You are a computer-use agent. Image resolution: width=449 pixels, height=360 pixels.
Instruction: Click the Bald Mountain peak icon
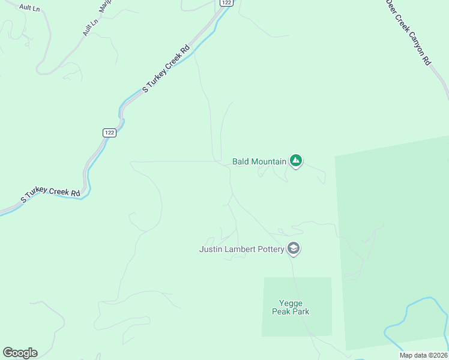[295, 160]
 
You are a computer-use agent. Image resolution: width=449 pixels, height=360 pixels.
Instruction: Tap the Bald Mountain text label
[259, 161]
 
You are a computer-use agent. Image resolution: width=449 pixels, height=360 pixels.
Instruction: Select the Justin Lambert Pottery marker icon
[294, 248]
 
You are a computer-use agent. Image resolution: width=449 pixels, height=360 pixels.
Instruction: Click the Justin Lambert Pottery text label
[241, 249]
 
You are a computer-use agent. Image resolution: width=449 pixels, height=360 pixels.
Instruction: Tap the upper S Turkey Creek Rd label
[166, 69]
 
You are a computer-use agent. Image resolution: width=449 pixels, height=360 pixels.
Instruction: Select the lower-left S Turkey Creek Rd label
[50, 195]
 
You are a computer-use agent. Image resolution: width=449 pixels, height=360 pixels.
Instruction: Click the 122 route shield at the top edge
[226, 2]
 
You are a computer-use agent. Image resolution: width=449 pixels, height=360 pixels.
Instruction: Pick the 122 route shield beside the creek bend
[109, 133]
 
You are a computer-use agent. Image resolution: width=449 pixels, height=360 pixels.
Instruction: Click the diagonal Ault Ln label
[90, 26]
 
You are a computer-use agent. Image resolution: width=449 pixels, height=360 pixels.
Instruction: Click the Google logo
[20, 353]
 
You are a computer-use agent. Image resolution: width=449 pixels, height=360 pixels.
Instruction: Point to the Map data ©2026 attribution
[423, 355]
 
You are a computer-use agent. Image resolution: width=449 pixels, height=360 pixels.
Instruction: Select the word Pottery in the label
[269, 249]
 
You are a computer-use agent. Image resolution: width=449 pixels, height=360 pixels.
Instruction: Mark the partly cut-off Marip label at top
[105, 6]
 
